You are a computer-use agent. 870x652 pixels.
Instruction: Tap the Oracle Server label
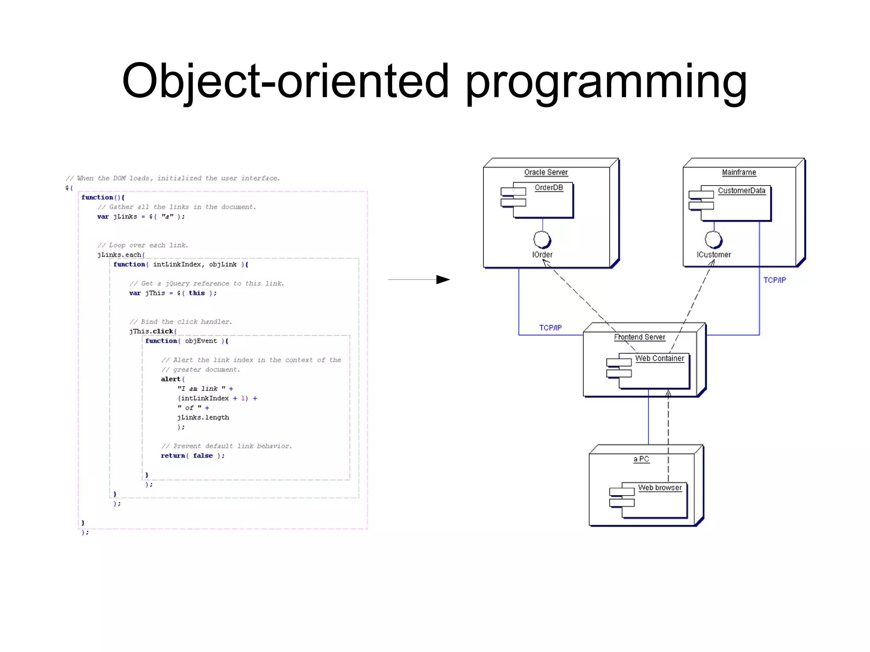(545, 172)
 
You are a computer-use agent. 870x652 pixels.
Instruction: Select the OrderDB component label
(548, 187)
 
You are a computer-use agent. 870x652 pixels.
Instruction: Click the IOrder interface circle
(542, 239)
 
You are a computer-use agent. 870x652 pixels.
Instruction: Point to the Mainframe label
(739, 172)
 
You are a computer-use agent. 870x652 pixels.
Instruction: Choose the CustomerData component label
(741, 191)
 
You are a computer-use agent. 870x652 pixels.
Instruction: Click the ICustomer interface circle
(713, 239)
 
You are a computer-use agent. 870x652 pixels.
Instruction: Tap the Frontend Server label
(639, 337)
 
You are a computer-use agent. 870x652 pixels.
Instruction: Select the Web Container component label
(659, 358)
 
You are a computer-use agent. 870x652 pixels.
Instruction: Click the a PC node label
(641, 459)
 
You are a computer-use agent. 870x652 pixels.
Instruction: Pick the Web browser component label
(660, 488)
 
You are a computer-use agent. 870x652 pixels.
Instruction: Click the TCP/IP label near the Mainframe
(774, 280)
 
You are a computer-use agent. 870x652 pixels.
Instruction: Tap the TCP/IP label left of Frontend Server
(550, 327)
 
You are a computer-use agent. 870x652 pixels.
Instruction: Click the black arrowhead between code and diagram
(443, 279)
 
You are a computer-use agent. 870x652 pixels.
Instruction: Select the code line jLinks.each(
(121, 255)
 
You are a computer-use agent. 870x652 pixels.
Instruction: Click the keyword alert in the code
(170, 379)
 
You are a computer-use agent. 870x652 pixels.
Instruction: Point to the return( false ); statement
(192, 455)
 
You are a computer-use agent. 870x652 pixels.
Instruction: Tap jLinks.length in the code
(203, 417)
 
